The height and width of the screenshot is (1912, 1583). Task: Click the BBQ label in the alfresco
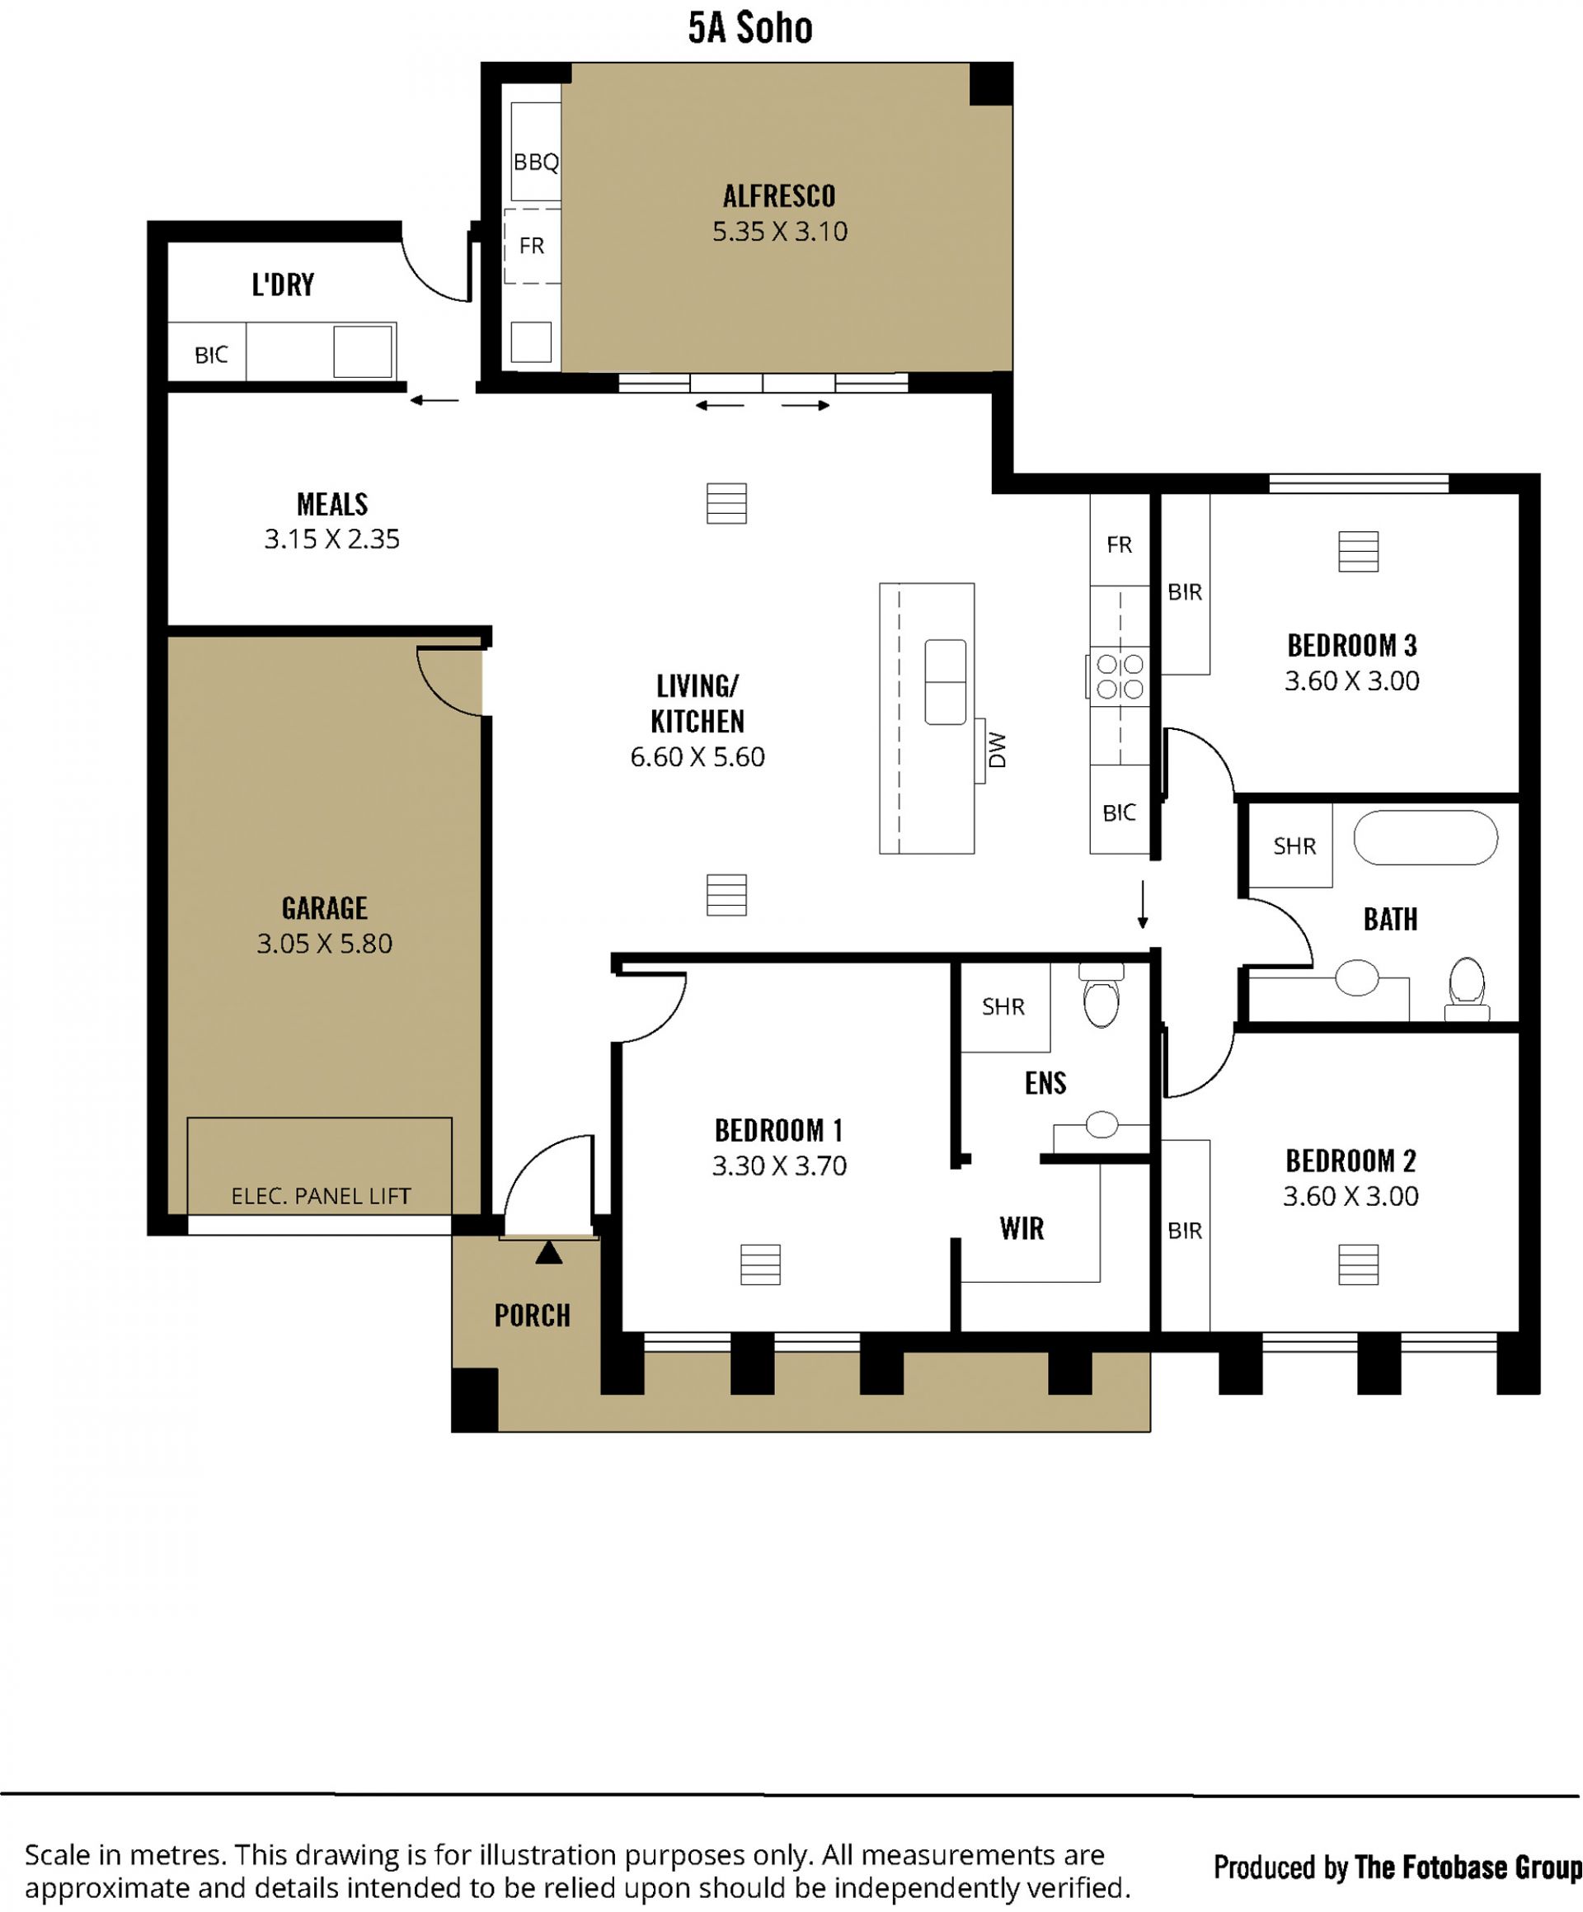(x=535, y=162)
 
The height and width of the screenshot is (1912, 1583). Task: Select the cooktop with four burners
(x=1118, y=676)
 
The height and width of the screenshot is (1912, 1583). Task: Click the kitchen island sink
(x=945, y=682)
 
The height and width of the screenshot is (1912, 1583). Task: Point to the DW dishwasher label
(x=997, y=751)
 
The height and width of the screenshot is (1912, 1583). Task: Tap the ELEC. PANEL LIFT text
(x=321, y=1195)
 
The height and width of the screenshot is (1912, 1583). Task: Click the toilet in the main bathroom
(x=1467, y=988)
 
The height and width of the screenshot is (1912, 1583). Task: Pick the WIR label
(x=1022, y=1228)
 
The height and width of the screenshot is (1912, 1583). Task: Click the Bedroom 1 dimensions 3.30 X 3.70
(x=779, y=1166)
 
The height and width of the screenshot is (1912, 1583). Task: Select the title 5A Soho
(x=750, y=28)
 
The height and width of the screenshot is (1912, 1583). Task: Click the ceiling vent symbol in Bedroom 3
(x=1358, y=552)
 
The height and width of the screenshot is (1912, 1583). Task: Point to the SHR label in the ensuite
(x=1003, y=1006)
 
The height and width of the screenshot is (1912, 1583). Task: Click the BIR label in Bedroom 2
(x=1184, y=1231)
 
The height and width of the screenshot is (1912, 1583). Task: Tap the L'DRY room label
(x=283, y=285)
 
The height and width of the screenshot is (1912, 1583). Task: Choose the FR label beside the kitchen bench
(x=1119, y=544)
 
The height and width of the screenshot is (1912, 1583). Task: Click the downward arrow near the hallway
(x=1143, y=904)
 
